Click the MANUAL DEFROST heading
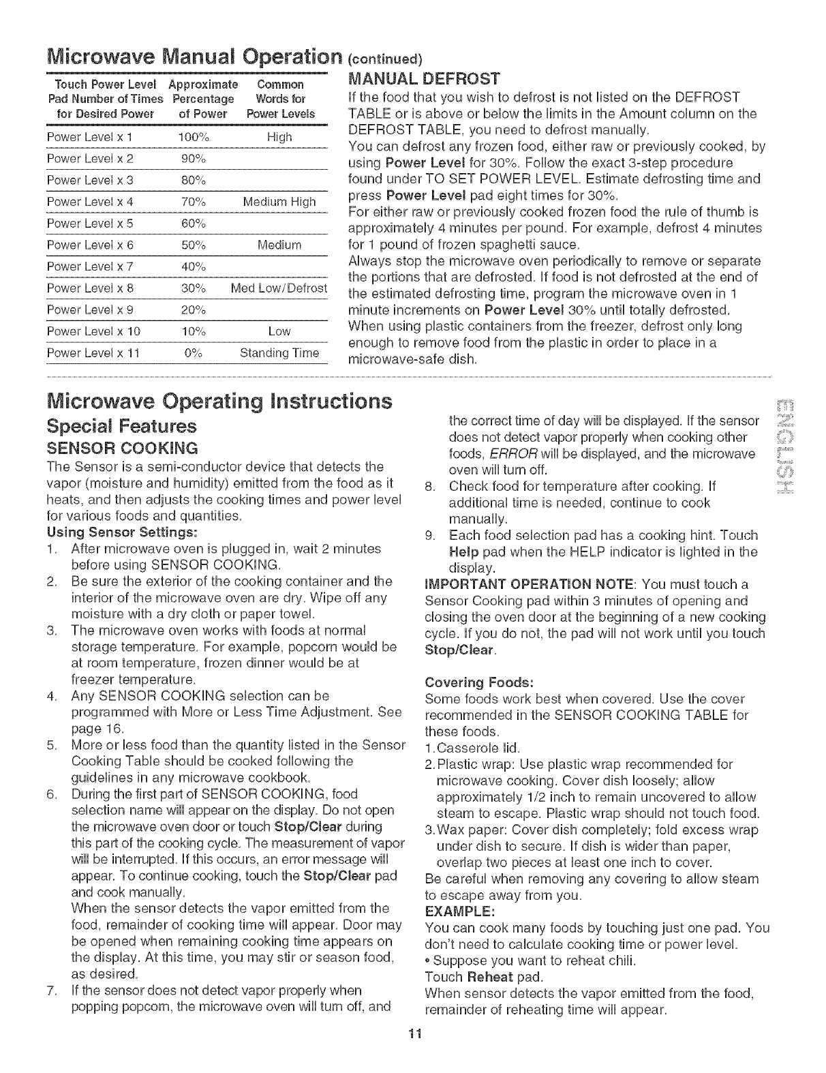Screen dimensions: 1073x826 (424, 77)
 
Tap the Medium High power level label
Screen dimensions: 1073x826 (279, 202)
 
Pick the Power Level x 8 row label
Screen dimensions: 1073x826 (90, 288)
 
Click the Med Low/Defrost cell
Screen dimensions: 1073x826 (279, 288)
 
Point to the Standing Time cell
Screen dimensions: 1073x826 (279, 352)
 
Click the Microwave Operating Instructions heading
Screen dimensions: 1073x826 (219, 401)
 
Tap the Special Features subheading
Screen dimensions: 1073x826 (121, 426)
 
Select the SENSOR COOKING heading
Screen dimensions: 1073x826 (122, 448)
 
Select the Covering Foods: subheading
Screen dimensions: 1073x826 (478, 682)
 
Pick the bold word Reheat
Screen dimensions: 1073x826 (489, 977)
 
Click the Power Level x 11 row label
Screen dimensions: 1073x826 (93, 352)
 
